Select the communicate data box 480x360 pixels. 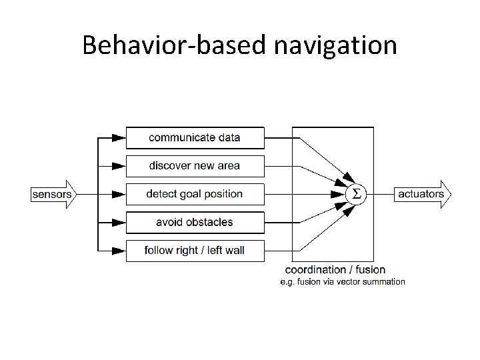point(195,138)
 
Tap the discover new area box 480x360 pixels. point(195,166)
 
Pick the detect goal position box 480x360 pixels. point(195,194)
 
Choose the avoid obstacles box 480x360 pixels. point(195,222)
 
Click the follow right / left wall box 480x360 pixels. point(195,251)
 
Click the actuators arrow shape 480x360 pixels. point(423,194)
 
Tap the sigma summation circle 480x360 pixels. point(355,194)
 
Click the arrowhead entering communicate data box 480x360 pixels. point(118,138)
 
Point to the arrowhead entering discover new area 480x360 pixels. point(118,166)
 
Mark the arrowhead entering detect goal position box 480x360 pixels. point(118,194)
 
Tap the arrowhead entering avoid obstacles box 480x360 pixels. point(118,222)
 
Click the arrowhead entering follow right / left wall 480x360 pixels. point(118,251)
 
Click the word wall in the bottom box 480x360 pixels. point(235,251)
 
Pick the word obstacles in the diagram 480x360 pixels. point(208,222)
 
